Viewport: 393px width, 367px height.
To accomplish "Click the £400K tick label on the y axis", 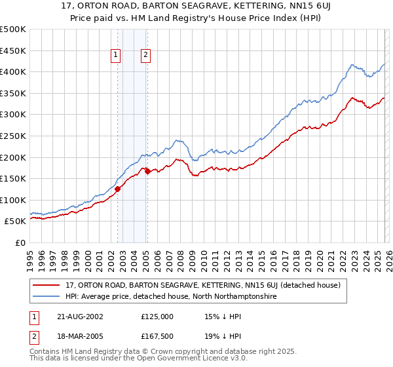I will tap(13, 72).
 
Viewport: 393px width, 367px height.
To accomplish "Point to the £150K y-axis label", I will tap(13, 178).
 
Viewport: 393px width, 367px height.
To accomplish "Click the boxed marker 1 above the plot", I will tap(116, 56).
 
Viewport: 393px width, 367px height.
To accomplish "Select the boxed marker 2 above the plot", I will tap(145, 56).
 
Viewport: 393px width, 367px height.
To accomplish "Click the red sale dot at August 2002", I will tap(118, 189).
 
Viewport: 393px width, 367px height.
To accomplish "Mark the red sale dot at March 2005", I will tap(147, 172).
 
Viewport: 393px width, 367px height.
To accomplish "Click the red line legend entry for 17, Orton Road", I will tap(203, 286).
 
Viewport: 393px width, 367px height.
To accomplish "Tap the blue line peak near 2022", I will tap(352, 64).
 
